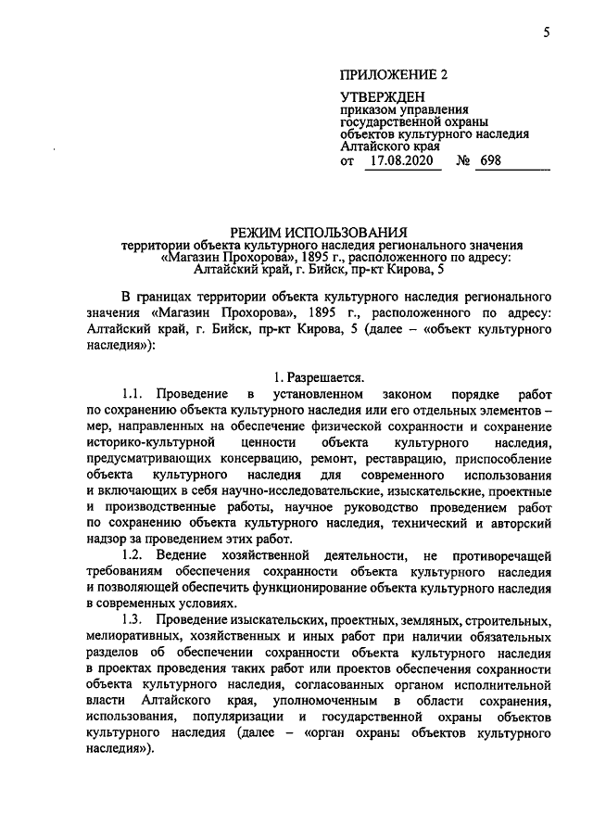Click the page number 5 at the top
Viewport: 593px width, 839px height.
(547, 33)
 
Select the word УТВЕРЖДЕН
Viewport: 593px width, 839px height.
(382, 97)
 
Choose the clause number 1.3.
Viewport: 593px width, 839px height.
(135, 618)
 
